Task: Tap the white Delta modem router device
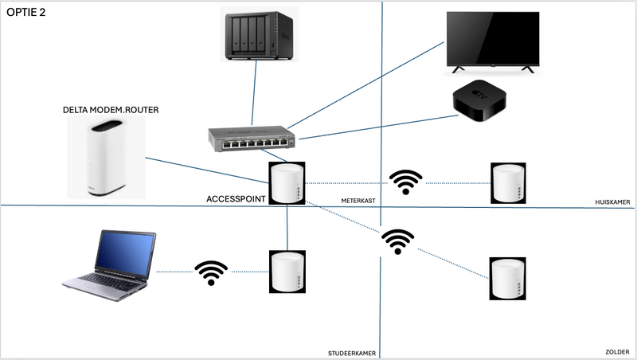click(x=107, y=158)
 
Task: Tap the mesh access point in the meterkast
click(x=287, y=183)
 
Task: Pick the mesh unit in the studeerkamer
click(x=288, y=272)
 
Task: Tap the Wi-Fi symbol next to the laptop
click(x=211, y=272)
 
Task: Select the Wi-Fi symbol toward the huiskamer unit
click(x=406, y=182)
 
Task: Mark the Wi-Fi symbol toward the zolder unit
click(x=397, y=241)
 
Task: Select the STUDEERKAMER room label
click(x=353, y=352)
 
